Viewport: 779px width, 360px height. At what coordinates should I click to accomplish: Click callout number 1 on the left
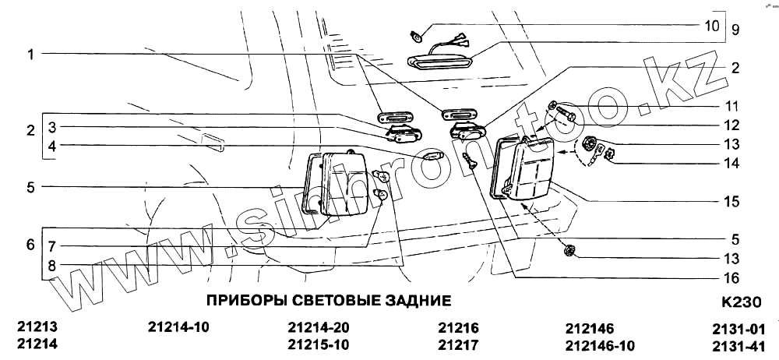pos(30,55)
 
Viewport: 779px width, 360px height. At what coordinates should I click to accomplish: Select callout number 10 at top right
pos(712,26)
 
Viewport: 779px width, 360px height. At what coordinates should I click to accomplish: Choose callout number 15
pos(731,201)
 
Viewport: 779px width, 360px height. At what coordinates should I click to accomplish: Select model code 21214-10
pos(178,327)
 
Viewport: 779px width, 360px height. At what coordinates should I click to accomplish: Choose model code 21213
pos(37,327)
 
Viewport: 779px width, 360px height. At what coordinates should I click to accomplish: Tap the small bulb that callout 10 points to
pos(418,35)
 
